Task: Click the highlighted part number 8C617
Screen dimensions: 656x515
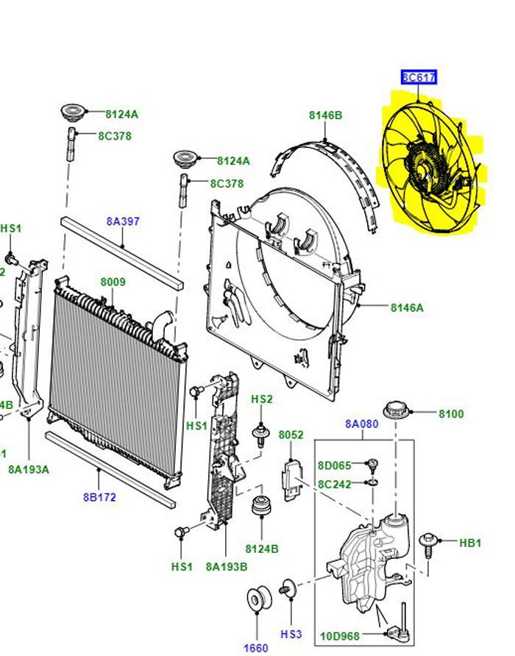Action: [419, 76]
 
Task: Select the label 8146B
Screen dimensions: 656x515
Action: [325, 115]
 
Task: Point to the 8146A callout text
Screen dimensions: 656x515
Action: [407, 308]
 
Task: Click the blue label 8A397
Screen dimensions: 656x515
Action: [123, 221]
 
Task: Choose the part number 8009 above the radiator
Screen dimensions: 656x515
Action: [113, 282]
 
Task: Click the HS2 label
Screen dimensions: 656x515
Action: [262, 399]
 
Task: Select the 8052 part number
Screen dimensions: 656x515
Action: [291, 435]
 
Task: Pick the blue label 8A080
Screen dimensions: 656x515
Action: [361, 424]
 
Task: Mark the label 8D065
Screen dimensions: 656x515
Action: [334, 465]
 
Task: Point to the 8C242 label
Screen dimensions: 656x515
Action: [334, 484]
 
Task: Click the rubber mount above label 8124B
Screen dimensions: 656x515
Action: [261, 507]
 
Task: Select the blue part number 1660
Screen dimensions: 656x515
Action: [257, 648]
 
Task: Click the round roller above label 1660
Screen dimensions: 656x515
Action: [257, 599]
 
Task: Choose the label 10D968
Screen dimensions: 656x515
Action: [340, 635]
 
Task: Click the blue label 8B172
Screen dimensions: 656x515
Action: [99, 497]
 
